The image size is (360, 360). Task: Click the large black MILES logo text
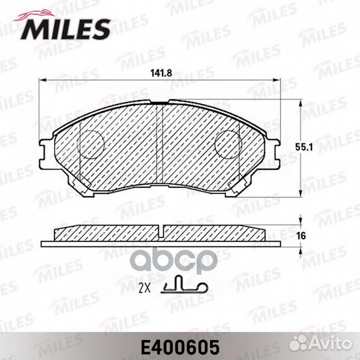pyautogui.click(x=65, y=29)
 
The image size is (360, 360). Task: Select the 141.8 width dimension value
pyautogui.click(x=161, y=73)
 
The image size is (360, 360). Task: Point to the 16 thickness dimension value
pyautogui.click(x=301, y=236)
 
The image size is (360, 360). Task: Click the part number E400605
pyautogui.click(x=180, y=348)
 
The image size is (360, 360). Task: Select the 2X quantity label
pyautogui.click(x=145, y=289)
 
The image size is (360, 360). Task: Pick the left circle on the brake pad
pyautogui.click(x=91, y=145)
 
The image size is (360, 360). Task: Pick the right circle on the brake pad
pyautogui.click(x=228, y=145)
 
